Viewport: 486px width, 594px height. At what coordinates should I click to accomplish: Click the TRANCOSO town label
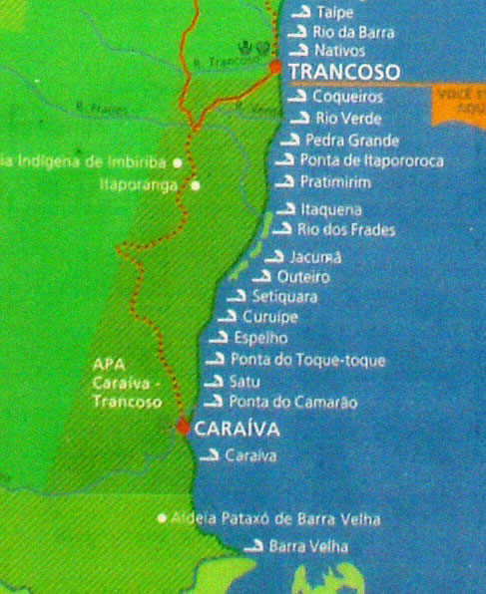(343, 72)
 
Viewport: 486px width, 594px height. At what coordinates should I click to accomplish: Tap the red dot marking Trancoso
(275, 67)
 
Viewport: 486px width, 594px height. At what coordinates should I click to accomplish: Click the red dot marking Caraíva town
(182, 427)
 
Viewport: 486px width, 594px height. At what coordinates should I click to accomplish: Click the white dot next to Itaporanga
(196, 184)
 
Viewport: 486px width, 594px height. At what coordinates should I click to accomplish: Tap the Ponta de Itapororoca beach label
(371, 160)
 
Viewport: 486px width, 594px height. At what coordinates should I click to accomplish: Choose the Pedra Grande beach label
(352, 141)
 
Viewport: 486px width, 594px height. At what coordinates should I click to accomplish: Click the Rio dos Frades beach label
(346, 230)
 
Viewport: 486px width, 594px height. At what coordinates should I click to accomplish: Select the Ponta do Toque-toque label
(307, 360)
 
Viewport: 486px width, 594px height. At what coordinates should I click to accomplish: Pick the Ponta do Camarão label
(292, 403)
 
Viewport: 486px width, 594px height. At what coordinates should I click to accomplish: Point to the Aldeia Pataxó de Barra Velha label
(275, 519)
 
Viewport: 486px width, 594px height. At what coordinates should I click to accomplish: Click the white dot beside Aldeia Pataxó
(162, 518)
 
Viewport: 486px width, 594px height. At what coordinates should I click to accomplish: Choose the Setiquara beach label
(284, 297)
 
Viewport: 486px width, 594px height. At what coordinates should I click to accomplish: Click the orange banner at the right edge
(460, 104)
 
